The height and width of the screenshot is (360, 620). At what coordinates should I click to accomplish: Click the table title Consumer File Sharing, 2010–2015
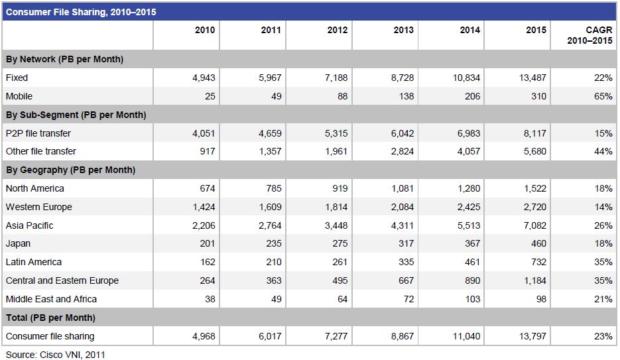(x=81, y=12)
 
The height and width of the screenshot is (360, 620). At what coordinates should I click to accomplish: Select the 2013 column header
(x=403, y=30)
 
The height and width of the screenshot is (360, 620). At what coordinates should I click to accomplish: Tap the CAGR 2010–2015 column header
(x=589, y=35)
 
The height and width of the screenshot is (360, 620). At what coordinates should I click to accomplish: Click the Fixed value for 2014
(x=466, y=78)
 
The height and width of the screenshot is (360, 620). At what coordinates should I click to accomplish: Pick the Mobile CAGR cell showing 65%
(x=603, y=96)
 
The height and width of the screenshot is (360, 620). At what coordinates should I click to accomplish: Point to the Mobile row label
(x=19, y=96)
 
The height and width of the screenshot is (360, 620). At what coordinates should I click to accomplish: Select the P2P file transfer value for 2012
(x=336, y=133)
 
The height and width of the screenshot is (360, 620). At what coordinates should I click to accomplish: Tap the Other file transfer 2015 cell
(x=534, y=151)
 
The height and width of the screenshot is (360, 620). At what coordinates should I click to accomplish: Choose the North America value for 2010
(x=207, y=188)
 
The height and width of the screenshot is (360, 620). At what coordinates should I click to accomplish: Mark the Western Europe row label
(x=38, y=207)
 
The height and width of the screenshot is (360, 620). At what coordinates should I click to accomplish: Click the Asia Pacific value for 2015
(x=534, y=225)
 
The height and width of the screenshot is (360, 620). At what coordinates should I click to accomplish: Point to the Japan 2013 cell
(x=406, y=243)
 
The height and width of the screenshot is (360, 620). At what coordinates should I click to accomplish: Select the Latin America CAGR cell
(x=603, y=262)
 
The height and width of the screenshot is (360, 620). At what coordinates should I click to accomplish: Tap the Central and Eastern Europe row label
(x=62, y=280)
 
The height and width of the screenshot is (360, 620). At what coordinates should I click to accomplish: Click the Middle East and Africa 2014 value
(x=473, y=299)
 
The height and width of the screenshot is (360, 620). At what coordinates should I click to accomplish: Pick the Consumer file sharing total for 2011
(x=270, y=336)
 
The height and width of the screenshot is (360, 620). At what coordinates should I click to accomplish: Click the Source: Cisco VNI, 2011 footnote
(x=55, y=355)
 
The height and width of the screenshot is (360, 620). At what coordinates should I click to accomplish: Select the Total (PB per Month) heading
(x=50, y=318)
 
